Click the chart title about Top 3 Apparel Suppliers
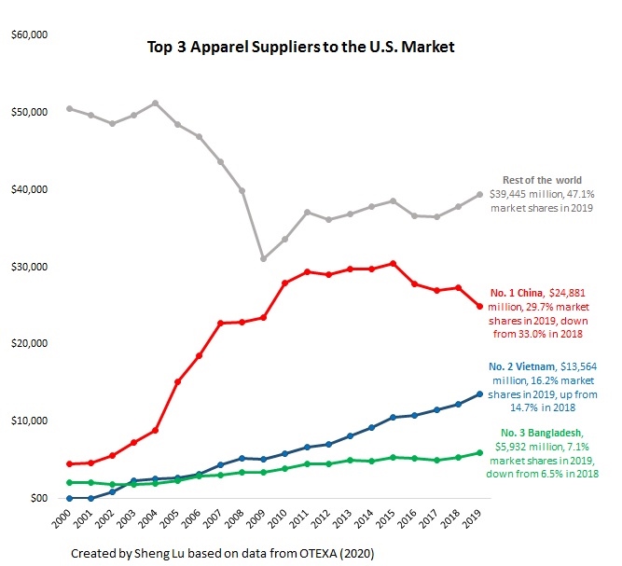pyautogui.click(x=300, y=46)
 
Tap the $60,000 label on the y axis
pyautogui.click(x=29, y=35)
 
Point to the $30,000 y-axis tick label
pyautogui.click(x=29, y=267)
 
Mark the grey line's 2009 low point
pyautogui.click(x=264, y=258)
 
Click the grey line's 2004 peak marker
pyautogui.click(x=155, y=103)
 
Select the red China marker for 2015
pyautogui.click(x=394, y=264)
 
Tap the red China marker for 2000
pyautogui.click(x=69, y=463)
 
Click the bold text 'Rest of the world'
pyautogui.click(x=542, y=180)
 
